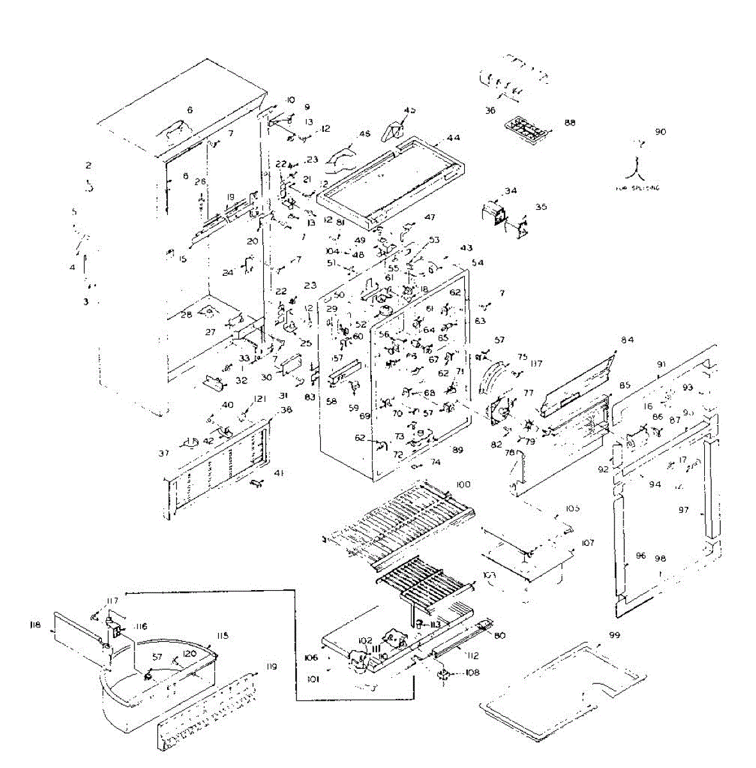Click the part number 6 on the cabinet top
(x=189, y=110)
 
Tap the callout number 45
(x=410, y=110)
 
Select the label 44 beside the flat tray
(x=454, y=138)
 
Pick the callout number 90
(x=660, y=132)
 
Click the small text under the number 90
(x=637, y=188)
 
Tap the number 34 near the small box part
(x=510, y=191)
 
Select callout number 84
(x=627, y=339)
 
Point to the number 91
(x=661, y=364)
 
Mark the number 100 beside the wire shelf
(x=463, y=484)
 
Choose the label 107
(x=587, y=543)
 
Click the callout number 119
(x=271, y=667)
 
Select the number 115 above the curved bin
(x=223, y=636)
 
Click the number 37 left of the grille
(x=164, y=453)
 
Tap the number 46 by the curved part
(x=364, y=134)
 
